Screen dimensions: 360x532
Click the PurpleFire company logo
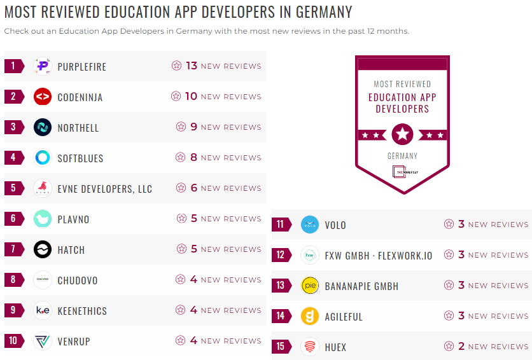[43, 66]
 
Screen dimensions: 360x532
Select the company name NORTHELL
[78, 128]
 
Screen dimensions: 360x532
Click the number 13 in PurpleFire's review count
[192, 66]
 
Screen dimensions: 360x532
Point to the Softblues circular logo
[43, 158]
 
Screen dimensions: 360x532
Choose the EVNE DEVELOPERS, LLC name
[105, 189]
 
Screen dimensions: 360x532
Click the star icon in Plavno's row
[182, 219]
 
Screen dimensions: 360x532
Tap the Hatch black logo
[43, 249]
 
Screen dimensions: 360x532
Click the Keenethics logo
[43, 310]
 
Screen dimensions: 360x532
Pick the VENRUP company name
[74, 342]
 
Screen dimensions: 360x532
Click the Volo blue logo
[310, 225]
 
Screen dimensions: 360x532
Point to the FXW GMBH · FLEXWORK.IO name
[378, 256]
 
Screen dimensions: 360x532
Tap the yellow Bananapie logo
[310, 286]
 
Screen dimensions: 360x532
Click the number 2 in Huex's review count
[461, 347]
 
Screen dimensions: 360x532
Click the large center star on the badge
[402, 134]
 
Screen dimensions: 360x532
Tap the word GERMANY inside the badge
[402, 156]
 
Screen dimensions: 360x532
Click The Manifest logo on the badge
[402, 172]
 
